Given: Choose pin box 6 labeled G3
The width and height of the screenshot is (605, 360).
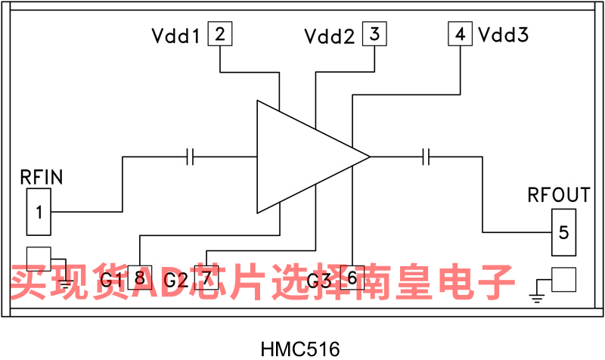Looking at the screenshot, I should [352, 278].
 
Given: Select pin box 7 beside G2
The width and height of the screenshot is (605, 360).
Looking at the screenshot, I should [206, 278].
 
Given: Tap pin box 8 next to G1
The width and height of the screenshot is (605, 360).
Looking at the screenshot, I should [140, 278].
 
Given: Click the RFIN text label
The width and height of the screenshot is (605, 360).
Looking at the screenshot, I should [41, 178].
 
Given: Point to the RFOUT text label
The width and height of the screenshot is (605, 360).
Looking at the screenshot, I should [558, 195].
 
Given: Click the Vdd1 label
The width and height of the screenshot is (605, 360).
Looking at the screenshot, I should [175, 36].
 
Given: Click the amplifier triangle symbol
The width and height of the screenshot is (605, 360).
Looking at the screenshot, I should [302, 157].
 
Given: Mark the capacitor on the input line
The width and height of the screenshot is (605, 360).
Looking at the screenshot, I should [191, 157].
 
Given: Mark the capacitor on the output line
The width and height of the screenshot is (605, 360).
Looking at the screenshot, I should [427, 157].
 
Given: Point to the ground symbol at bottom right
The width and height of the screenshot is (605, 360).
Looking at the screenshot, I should [538, 293].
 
